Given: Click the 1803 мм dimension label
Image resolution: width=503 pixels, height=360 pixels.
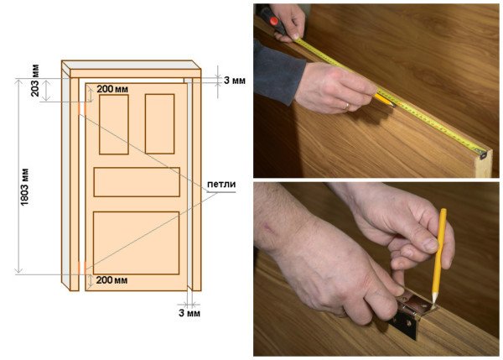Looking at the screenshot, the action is [24, 187].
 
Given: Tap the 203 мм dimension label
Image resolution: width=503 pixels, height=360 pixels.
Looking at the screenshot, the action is [34, 81].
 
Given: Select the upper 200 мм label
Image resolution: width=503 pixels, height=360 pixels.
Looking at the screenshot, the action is [112, 89].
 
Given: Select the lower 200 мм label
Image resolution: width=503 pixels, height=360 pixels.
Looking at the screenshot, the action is [111, 280].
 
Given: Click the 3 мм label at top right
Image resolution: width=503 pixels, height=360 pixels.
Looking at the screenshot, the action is [235, 80].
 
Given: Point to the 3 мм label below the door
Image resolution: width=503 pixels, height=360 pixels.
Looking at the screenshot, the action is [189, 313].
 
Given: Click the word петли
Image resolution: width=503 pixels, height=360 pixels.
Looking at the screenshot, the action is [221, 185].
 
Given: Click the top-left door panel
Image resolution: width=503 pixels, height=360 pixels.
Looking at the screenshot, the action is [114, 124].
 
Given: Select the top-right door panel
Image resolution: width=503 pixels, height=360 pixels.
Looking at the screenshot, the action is [160, 123].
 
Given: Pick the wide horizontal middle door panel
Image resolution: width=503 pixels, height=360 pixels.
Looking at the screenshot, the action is [137, 182].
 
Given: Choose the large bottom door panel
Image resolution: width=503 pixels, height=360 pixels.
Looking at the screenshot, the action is [137, 243].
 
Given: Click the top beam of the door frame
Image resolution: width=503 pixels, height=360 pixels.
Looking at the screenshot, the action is [132, 69].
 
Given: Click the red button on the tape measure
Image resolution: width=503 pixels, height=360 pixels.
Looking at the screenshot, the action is [273, 21].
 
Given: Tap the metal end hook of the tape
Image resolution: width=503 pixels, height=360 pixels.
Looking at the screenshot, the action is [483, 155].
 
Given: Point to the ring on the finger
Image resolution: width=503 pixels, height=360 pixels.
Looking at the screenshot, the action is [347, 107].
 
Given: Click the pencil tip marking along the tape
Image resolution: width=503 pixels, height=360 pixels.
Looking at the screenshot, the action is [392, 104].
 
